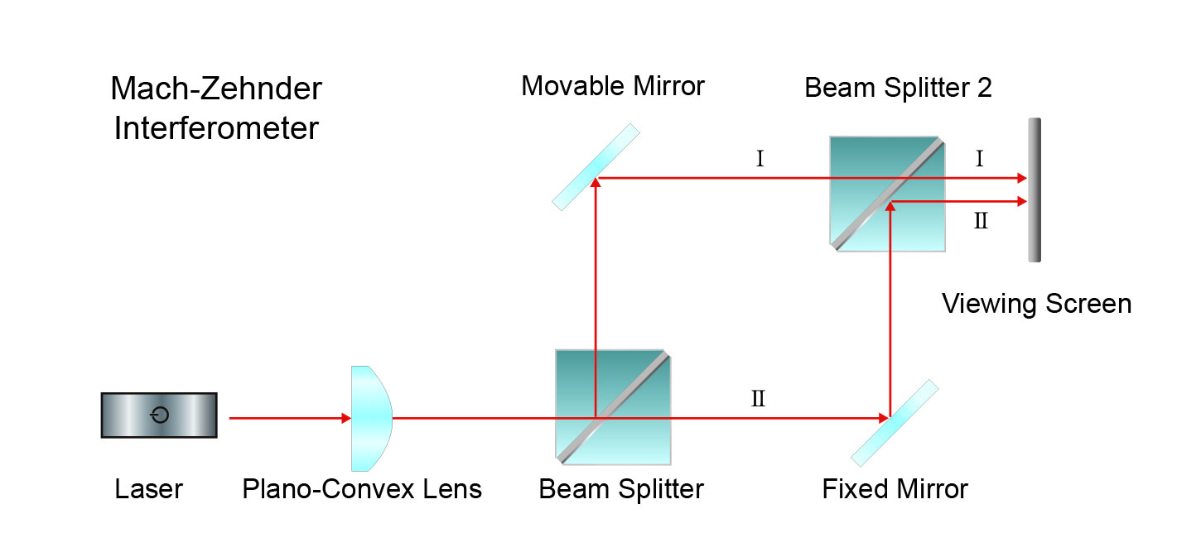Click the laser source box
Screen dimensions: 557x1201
tap(159, 415)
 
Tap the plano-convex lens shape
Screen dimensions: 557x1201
tap(369, 418)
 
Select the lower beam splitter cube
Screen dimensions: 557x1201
tap(612, 405)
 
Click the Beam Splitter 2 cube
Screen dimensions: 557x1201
tap(887, 193)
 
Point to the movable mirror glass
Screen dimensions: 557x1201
tap(596, 166)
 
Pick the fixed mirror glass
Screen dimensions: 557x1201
tap(895, 422)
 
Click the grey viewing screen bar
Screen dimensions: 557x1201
tap(1034, 190)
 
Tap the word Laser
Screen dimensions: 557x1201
tap(148, 489)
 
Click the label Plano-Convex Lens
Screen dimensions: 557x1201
tap(362, 489)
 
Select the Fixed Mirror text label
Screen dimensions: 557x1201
tap(895, 489)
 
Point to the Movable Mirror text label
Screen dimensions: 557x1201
tap(612, 85)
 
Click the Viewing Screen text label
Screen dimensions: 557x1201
tap(1036, 304)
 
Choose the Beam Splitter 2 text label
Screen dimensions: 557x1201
tap(898, 87)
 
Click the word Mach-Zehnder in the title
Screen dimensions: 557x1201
tap(216, 89)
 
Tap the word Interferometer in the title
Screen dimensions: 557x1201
tap(216, 128)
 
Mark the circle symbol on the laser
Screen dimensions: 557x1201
tap(160, 415)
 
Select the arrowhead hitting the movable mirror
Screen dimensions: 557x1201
tap(596, 185)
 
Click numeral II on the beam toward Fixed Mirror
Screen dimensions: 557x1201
tap(758, 399)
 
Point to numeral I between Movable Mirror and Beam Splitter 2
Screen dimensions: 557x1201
tap(760, 159)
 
